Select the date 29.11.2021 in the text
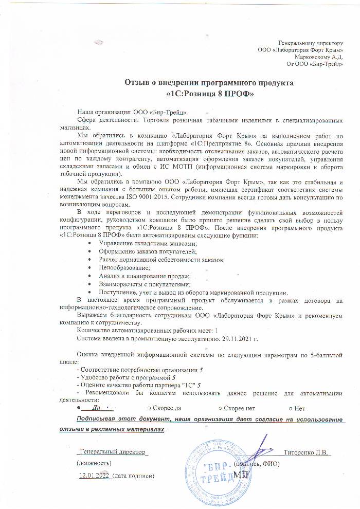tap(237, 339)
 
